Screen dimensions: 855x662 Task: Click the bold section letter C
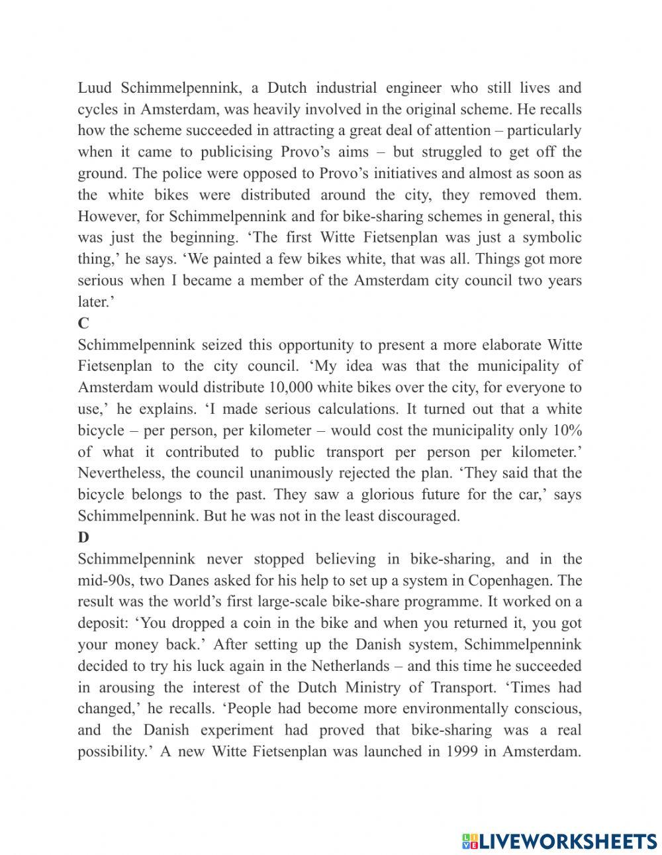point(83,323)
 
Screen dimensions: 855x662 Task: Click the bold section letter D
point(83,538)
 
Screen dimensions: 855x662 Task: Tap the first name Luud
point(93,87)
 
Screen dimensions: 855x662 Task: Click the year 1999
point(465,752)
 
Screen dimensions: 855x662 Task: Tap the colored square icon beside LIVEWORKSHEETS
point(470,841)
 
